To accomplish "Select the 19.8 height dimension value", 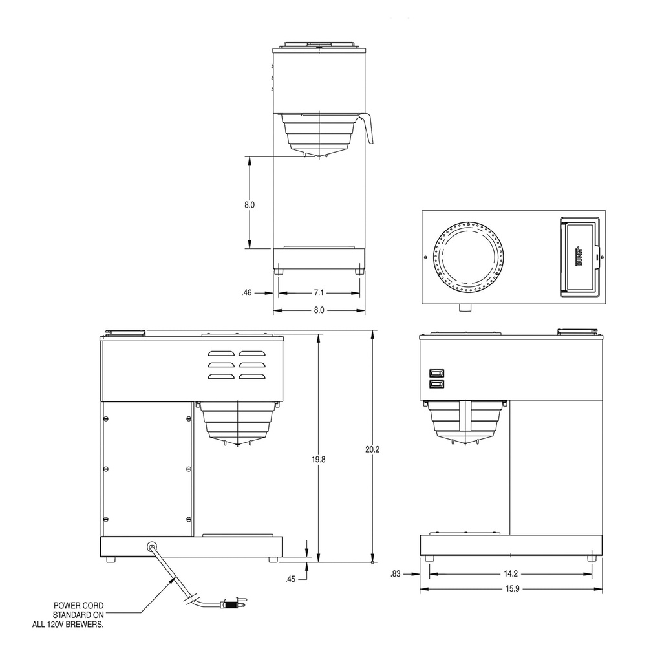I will click(317, 459).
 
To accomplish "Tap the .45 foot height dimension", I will click(291, 579).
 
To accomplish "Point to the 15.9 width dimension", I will click(510, 589).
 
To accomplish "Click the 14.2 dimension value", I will click(510, 573).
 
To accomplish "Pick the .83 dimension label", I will click(396, 573).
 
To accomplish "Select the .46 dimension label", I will click(246, 293).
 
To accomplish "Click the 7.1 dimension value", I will click(319, 293).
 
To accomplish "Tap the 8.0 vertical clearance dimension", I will click(250, 204).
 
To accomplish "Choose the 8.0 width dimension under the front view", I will click(319, 310).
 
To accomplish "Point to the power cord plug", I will click(231, 605).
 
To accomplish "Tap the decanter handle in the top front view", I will click(368, 128).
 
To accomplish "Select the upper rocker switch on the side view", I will click(436, 373).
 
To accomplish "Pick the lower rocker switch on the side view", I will click(436, 384).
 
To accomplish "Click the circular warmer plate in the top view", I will click(468, 257).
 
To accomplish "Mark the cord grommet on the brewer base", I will click(153, 546).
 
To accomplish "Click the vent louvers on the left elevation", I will click(237, 365).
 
